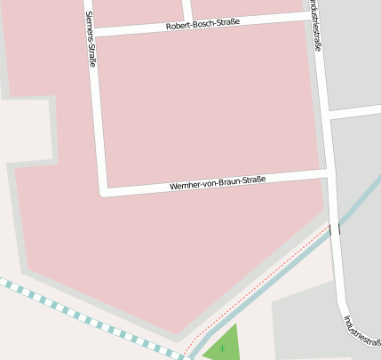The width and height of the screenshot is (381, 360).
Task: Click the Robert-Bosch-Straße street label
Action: [202, 25]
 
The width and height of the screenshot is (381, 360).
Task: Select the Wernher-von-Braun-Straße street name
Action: [218, 184]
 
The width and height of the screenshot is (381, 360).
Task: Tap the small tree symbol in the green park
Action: [222, 348]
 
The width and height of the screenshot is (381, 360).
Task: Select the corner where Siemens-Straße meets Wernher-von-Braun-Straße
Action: [103, 190]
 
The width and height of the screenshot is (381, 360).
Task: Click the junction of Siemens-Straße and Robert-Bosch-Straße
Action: [91, 32]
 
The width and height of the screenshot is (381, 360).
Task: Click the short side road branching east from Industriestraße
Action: [355, 112]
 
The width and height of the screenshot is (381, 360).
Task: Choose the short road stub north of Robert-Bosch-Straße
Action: [187, 11]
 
